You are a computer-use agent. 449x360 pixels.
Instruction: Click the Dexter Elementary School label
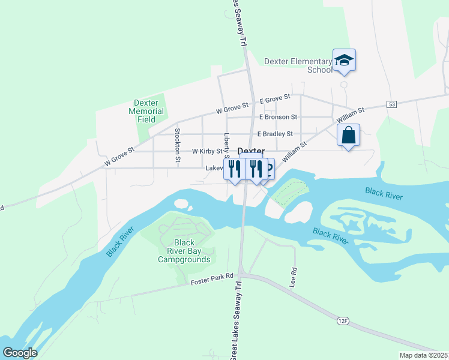[298, 65]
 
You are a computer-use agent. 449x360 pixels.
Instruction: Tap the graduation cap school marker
[344, 60]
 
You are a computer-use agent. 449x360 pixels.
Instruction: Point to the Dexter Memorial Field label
[146, 111]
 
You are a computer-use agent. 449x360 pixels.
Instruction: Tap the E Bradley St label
[274, 134]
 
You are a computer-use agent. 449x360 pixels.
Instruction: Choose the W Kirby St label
[206, 152]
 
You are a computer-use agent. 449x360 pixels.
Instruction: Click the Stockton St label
[178, 145]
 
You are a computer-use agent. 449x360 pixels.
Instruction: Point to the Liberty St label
[227, 145]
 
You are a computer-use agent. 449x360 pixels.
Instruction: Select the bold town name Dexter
[251, 151]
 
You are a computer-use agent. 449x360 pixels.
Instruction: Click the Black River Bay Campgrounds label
[184, 251]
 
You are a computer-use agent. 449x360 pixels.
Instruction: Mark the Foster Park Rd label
[212, 279]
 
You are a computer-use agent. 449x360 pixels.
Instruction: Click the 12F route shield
[343, 322]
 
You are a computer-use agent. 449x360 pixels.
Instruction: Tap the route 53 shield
[392, 104]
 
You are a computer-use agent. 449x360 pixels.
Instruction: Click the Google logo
[20, 353]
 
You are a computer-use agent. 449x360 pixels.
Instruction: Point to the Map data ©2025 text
[424, 355]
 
